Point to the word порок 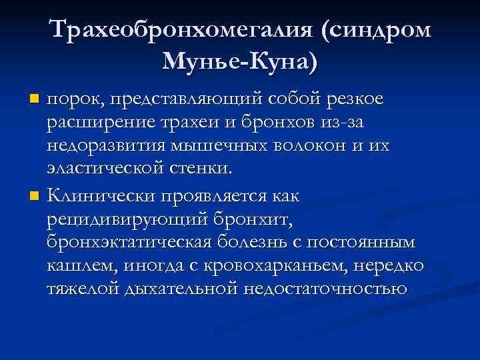pos(72,100)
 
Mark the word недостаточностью pos(326,291)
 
